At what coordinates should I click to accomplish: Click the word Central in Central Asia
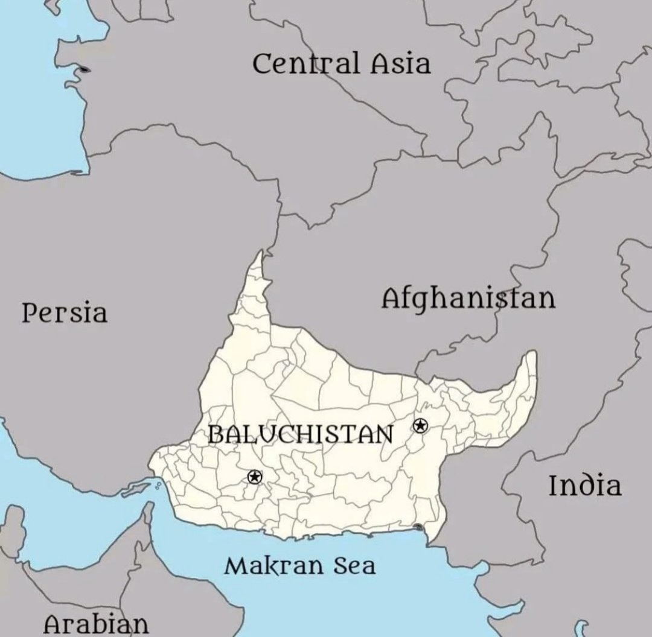(304, 63)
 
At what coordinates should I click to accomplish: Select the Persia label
(65, 313)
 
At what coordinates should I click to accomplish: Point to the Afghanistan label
(468, 299)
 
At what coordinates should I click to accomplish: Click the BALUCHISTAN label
(301, 434)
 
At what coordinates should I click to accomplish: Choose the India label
(584, 486)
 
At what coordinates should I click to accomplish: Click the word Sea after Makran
(353, 566)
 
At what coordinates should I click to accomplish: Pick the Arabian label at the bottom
(96, 624)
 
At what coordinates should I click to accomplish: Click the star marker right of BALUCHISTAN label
(420, 426)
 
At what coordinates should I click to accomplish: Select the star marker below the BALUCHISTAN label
(255, 477)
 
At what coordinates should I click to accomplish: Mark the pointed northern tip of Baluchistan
(260, 253)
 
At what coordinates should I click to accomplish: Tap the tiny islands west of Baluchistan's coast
(158, 484)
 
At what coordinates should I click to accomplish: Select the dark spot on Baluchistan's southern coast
(418, 528)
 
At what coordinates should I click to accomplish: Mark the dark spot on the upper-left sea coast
(84, 69)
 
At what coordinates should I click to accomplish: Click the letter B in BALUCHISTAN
(216, 434)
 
